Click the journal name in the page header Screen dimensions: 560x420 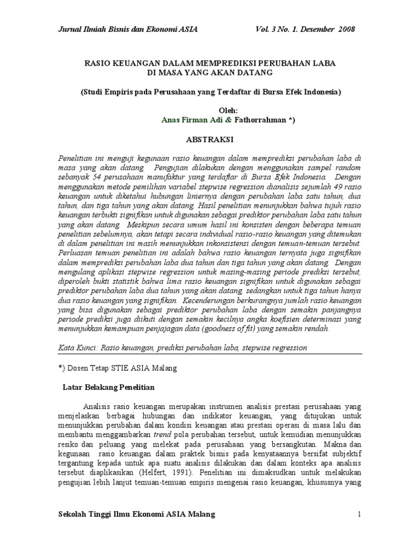coord(127,29)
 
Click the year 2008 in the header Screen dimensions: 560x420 coord(345,29)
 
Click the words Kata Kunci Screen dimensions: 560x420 coord(77,347)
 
